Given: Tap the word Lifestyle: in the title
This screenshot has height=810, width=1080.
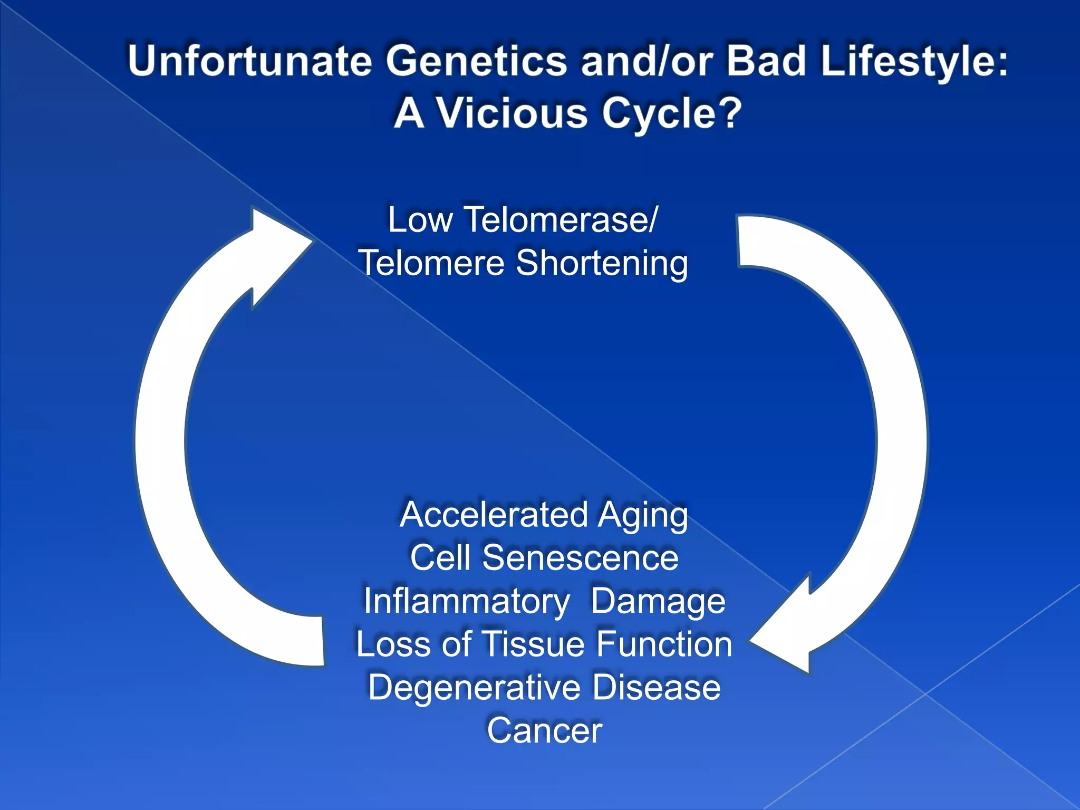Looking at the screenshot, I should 914,61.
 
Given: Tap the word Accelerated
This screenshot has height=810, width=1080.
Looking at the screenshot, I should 494,515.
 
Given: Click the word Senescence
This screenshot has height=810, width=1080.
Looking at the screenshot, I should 580,558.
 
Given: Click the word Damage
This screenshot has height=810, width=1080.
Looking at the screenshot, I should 658,601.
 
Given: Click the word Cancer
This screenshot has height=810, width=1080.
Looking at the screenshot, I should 544,731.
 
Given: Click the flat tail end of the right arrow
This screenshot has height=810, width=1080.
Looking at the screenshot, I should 739,242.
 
